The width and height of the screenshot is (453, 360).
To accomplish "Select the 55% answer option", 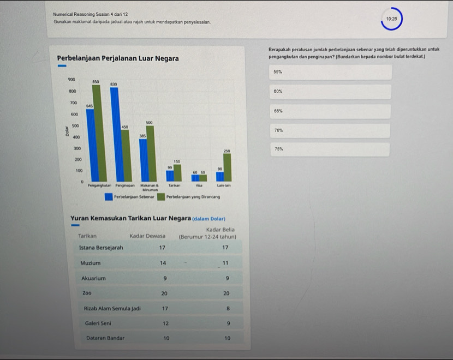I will click(x=330, y=72).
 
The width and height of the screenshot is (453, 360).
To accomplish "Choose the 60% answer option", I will click(x=330, y=92).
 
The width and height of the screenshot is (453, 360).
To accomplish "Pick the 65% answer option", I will click(x=330, y=111).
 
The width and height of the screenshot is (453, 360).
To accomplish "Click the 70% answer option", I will click(x=330, y=131).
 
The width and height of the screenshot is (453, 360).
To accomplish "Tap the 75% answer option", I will click(x=330, y=149).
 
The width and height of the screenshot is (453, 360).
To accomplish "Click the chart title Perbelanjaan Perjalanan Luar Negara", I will click(x=118, y=58).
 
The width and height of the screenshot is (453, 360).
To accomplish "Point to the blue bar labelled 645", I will click(x=90, y=145).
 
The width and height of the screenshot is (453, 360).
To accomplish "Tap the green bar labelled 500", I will click(x=150, y=153).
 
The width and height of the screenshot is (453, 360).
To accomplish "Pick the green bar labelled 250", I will click(x=227, y=167).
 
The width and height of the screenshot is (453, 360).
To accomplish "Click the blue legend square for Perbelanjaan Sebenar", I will click(x=109, y=197).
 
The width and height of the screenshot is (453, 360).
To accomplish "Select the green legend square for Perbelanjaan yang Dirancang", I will click(x=161, y=197).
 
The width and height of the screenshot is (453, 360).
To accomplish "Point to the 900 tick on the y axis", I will click(x=71, y=80).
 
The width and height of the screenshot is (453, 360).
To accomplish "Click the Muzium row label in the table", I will click(x=90, y=263).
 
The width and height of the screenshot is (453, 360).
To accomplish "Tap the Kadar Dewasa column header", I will click(x=147, y=236).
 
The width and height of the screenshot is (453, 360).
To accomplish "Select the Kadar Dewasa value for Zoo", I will click(x=164, y=293).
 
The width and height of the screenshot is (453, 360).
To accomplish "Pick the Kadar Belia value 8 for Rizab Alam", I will click(x=227, y=309).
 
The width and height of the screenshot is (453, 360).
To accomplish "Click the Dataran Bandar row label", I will click(x=105, y=338).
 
